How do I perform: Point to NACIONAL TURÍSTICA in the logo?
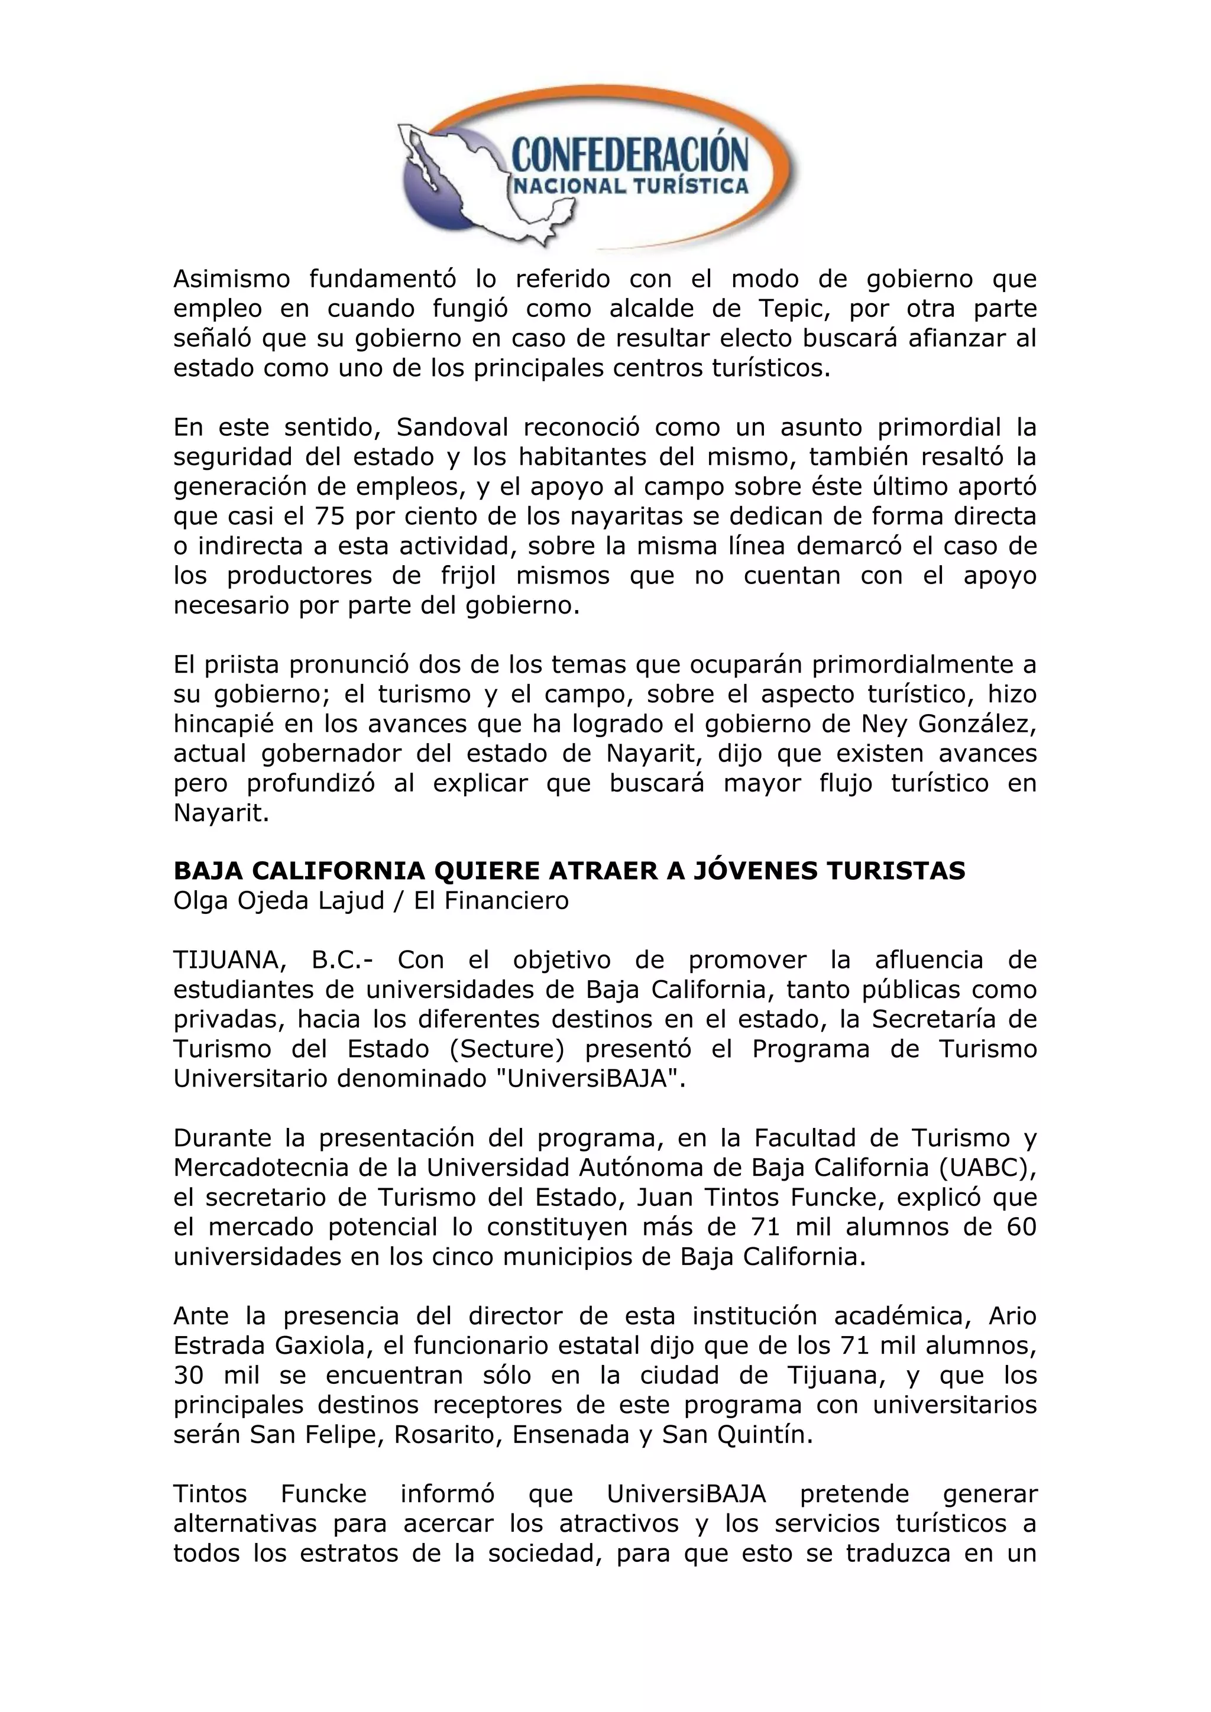click(629, 186)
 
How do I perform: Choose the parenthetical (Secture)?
click(507, 1049)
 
